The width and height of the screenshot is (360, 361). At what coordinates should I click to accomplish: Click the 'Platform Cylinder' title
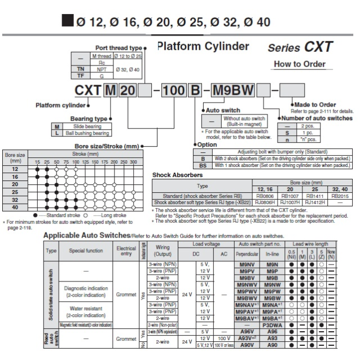tap(203, 46)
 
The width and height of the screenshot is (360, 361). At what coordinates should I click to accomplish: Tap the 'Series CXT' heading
tap(300, 47)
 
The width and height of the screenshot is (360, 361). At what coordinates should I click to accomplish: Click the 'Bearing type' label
tap(89, 118)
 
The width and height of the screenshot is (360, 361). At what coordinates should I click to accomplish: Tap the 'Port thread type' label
tap(120, 49)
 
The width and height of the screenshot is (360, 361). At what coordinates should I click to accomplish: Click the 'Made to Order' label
tap(315, 105)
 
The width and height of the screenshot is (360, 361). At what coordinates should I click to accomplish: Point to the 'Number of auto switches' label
tap(317, 118)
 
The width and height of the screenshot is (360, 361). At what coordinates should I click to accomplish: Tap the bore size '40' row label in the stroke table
tap(15, 207)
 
